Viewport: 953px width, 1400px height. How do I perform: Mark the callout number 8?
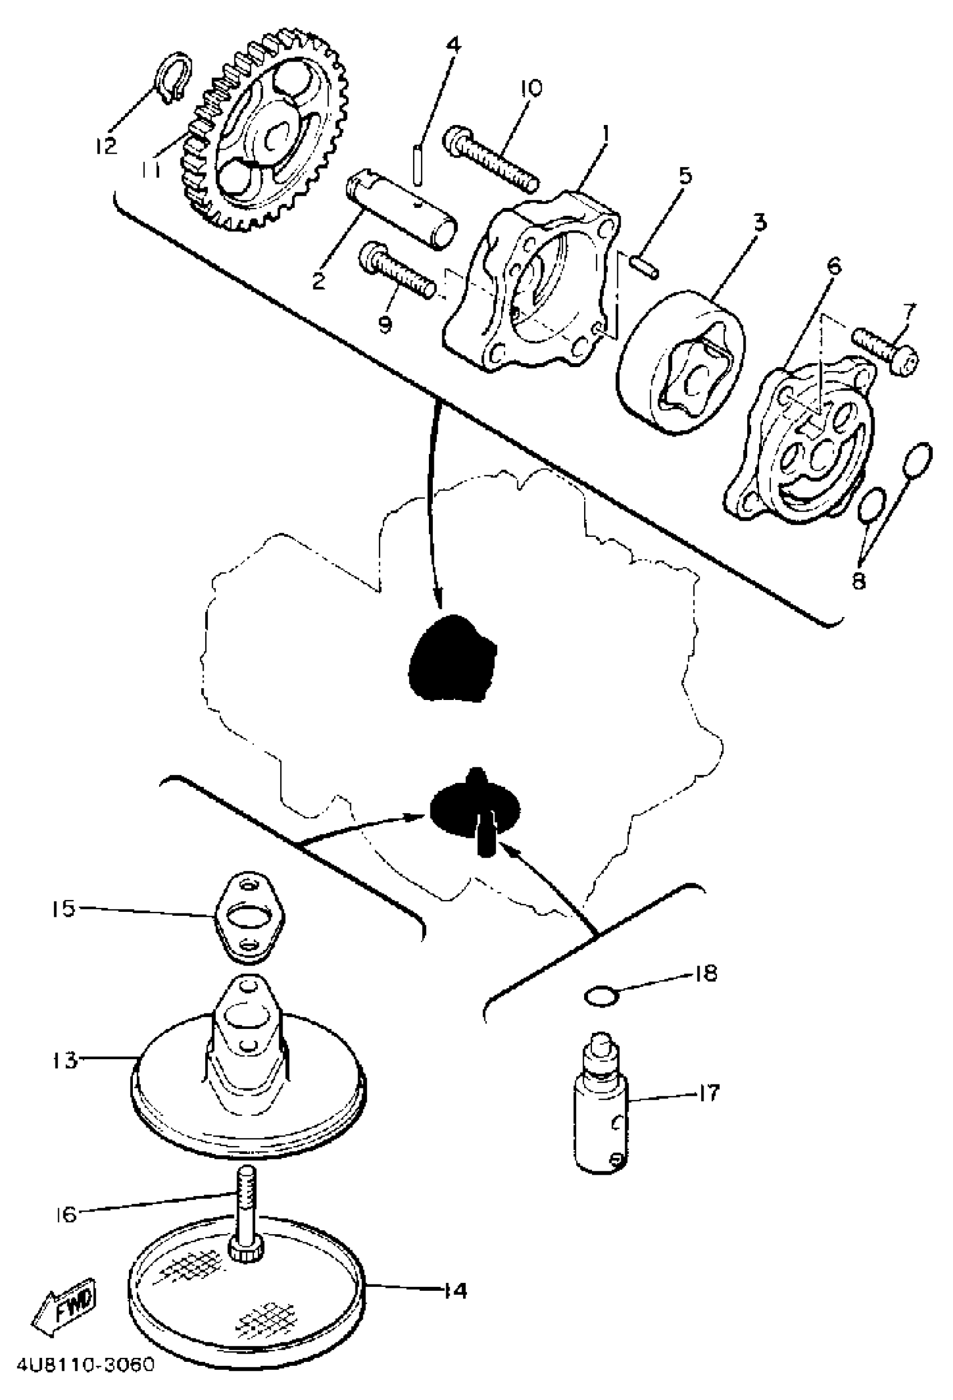[858, 581]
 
